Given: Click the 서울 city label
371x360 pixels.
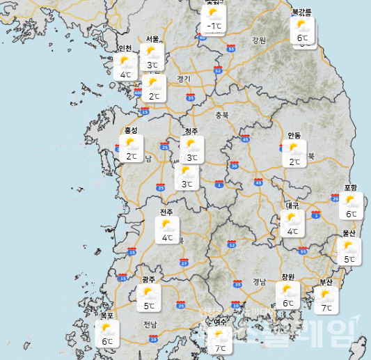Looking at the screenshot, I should [152, 39].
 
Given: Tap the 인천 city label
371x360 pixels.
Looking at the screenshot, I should [125, 48].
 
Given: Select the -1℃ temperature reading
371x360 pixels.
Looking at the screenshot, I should [214, 26].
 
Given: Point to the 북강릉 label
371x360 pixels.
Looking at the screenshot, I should [301, 12].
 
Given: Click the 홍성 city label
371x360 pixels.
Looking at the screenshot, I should [131, 130].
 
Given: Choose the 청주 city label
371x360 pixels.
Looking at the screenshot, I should [191, 132].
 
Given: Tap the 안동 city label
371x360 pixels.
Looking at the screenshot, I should [294, 135].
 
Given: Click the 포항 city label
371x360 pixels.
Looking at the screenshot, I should [351, 188].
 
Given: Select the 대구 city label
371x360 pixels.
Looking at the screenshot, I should [292, 205].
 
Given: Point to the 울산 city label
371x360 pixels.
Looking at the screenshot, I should [349, 233].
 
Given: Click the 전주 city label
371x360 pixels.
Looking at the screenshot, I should [166, 212].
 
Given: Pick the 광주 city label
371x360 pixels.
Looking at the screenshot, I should [148, 279].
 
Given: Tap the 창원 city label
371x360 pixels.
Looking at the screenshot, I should [288, 276].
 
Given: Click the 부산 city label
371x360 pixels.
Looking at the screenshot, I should [326, 281].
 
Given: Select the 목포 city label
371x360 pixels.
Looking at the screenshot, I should [106, 315].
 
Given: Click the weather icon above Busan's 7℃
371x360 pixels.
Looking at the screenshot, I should [326, 295].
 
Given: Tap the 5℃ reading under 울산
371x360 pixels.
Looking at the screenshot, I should [349, 259].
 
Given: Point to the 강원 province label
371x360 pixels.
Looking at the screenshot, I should [259, 40].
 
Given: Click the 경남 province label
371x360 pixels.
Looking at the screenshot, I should [259, 281].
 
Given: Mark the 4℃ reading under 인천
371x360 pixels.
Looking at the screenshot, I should [125, 75].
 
